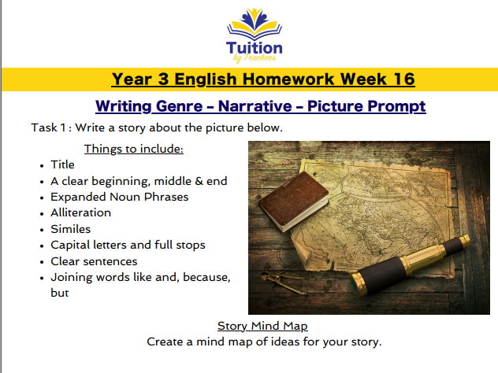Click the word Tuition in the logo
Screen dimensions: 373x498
pos(254,47)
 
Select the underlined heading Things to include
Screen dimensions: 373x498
pos(134,149)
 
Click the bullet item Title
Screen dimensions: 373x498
pos(62,164)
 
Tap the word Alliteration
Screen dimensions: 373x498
pos(80,212)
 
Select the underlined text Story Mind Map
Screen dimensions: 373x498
pos(262,326)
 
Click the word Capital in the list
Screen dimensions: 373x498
pos(71,245)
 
